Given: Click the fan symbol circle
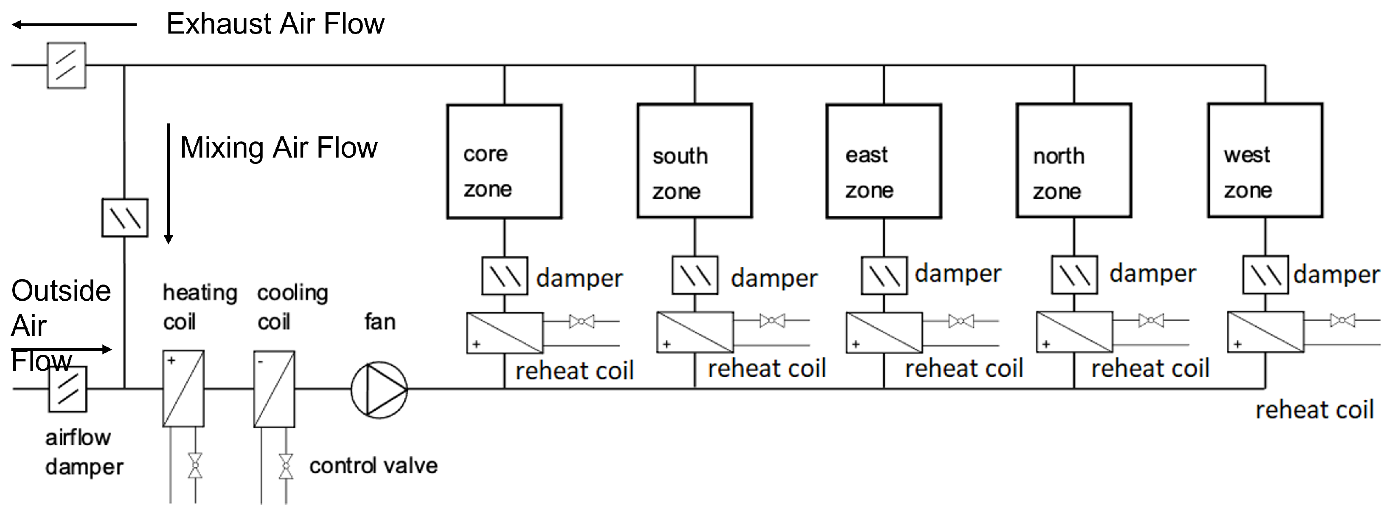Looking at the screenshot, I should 379,389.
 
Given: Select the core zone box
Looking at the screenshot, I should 504,161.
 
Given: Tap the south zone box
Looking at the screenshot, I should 694,161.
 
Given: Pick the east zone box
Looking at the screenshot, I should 884,161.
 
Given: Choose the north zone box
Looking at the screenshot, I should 1073,161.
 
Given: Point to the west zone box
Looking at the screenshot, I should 1265,160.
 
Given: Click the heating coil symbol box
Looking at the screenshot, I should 183,389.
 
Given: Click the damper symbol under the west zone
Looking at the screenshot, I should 1265,274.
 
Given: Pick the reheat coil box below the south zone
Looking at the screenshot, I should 695,332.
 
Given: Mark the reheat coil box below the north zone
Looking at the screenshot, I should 1074,332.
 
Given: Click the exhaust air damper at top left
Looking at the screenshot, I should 66,65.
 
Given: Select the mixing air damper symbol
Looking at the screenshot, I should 125,217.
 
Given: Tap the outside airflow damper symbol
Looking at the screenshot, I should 67,389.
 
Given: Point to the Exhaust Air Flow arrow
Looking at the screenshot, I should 74,24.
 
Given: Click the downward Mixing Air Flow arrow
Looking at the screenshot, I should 168,184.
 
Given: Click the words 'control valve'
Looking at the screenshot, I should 373,466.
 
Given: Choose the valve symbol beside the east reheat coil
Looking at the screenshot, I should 961,322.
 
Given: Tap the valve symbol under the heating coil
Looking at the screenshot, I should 195,465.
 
